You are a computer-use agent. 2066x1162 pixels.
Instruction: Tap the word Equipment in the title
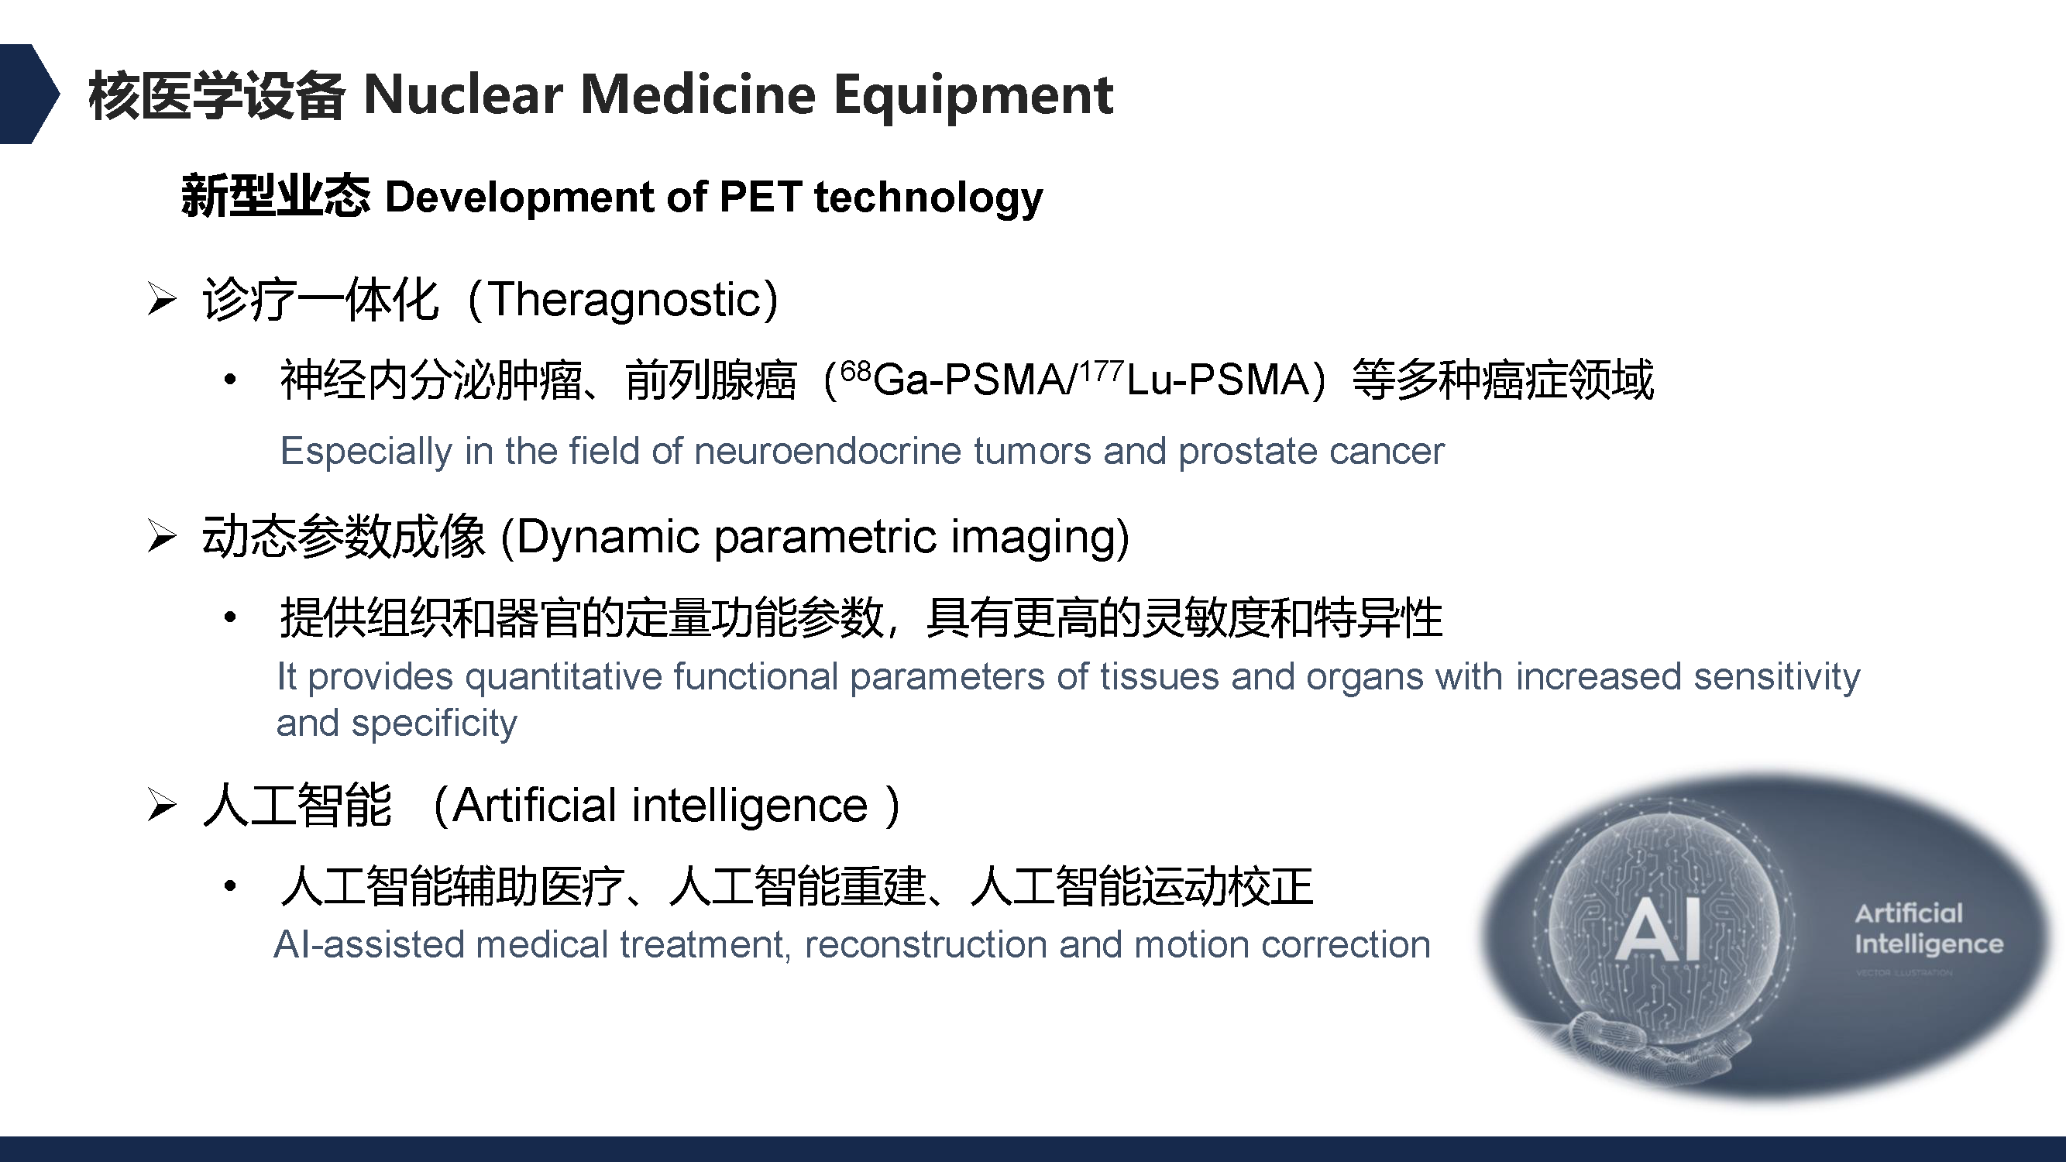tap(973, 97)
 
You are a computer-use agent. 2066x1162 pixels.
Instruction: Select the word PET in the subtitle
tap(760, 197)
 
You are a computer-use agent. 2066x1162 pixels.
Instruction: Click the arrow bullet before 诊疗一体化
tap(162, 299)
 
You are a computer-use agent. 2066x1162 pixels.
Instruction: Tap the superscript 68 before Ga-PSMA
tap(856, 370)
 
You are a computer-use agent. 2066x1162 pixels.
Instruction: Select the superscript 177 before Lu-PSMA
tap(1100, 370)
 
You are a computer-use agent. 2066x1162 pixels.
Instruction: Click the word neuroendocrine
tap(827, 451)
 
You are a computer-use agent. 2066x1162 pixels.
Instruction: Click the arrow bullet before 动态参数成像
tap(162, 536)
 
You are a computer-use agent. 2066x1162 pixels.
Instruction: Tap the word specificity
tap(435, 724)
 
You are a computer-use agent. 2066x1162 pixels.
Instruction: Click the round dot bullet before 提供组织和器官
tap(230, 617)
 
